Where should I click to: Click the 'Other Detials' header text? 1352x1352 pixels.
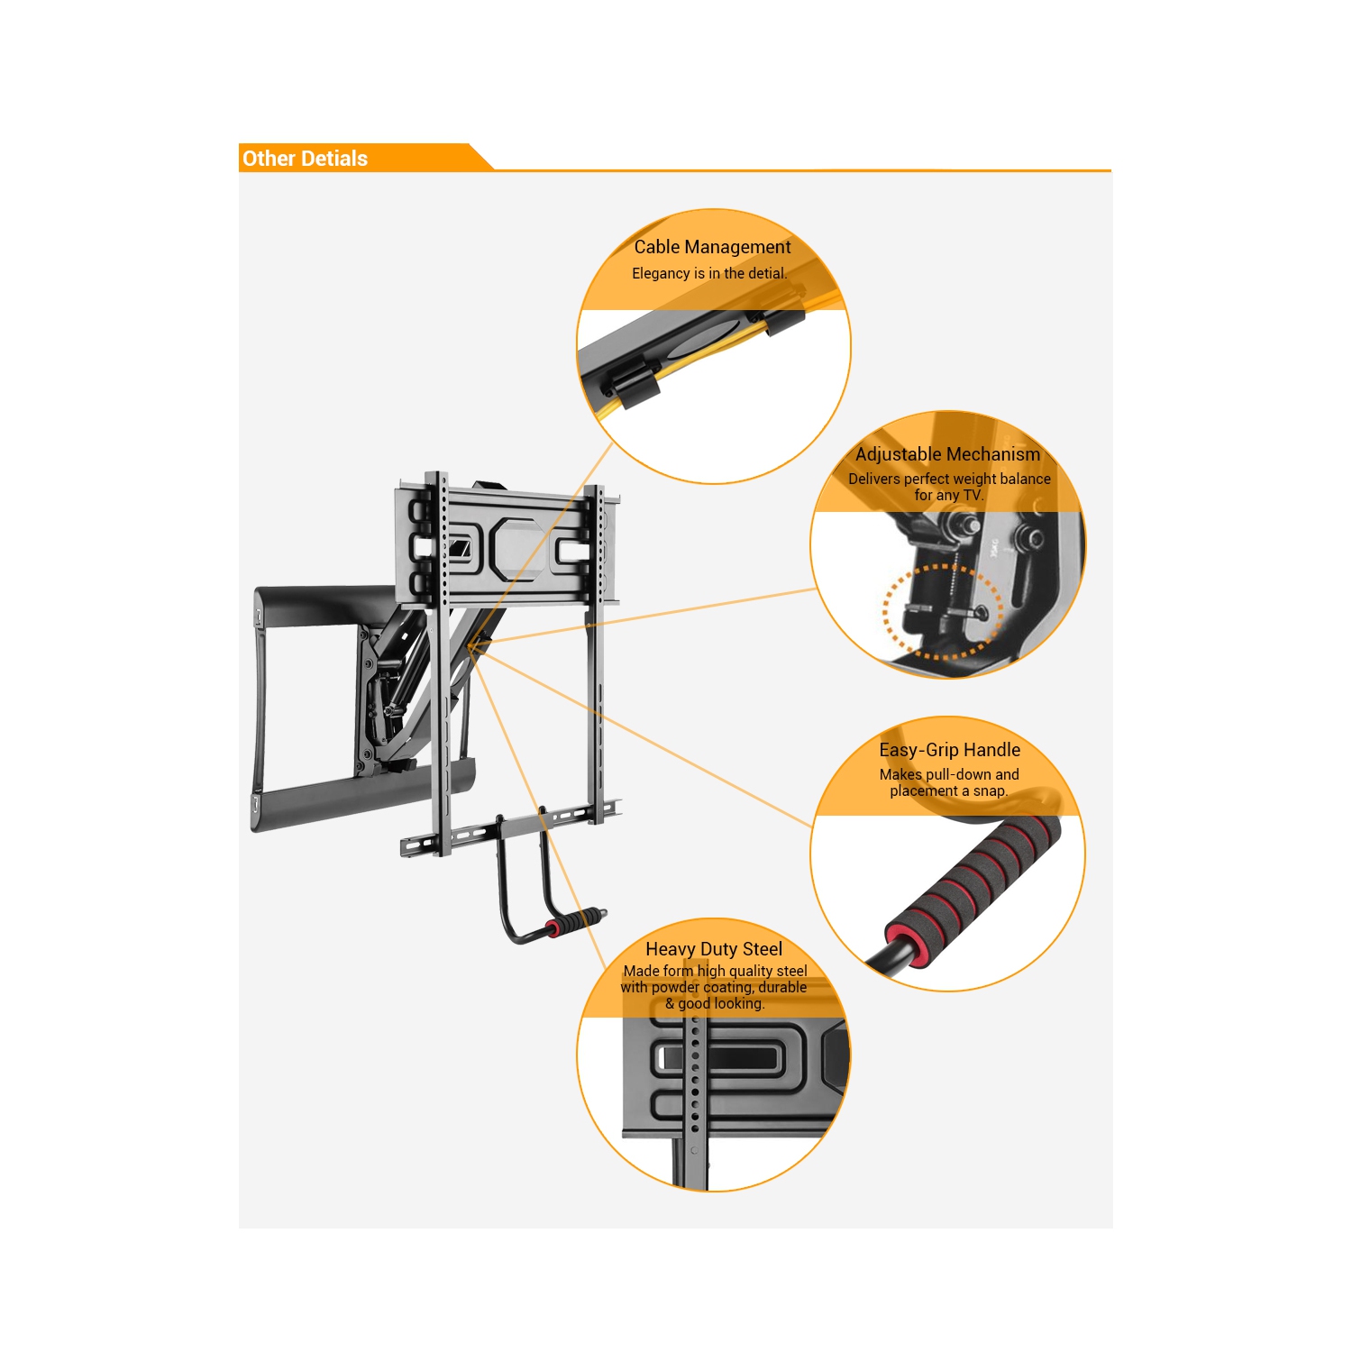[x=305, y=159]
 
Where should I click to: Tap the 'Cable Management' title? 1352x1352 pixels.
[x=712, y=247]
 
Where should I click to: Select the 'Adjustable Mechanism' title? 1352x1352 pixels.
[x=947, y=454]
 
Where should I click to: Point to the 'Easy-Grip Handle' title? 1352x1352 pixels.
[x=949, y=750]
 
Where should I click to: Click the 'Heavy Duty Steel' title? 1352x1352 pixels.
[x=714, y=949]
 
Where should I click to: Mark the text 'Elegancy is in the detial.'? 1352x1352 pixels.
[x=709, y=273]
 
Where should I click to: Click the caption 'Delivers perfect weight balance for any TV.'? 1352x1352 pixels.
[x=949, y=487]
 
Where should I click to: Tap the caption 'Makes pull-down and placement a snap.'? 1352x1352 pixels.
[x=949, y=782]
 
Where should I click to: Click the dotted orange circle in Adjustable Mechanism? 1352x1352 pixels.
[x=943, y=612]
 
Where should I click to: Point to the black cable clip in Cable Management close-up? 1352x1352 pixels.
[x=631, y=383]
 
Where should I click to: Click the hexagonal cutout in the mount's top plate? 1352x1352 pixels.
[x=516, y=548]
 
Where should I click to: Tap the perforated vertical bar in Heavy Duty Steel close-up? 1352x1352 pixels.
[x=694, y=1082]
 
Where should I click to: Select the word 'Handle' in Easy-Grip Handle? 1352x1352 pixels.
[x=991, y=750]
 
